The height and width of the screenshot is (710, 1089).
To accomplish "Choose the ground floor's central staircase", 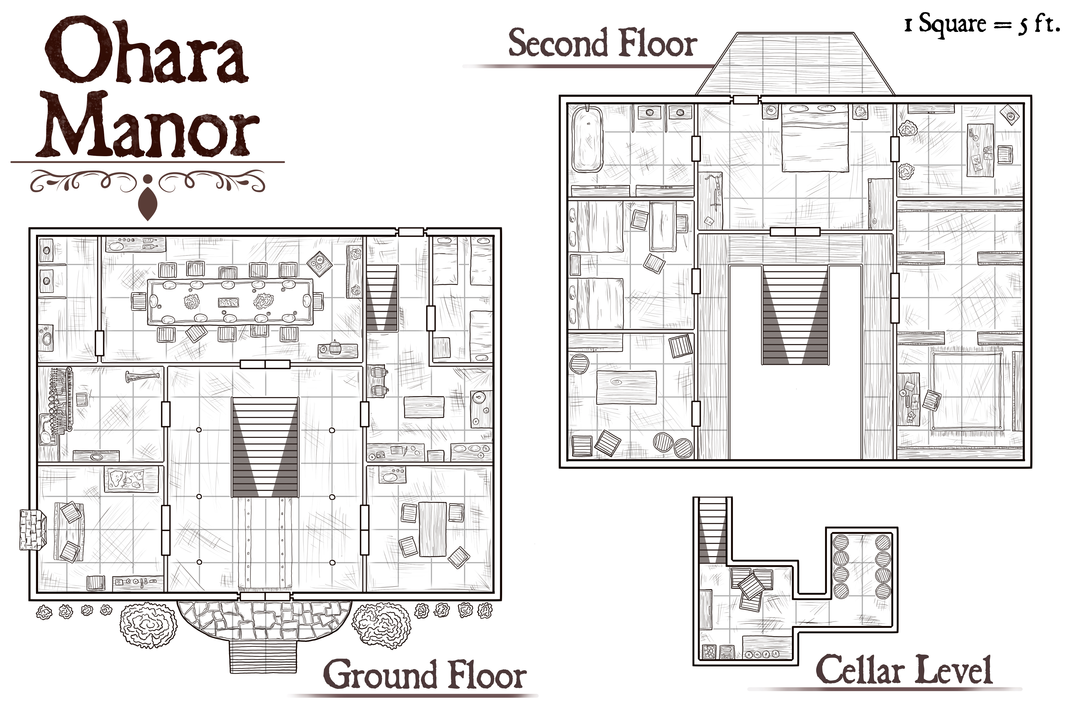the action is coord(265,447).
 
